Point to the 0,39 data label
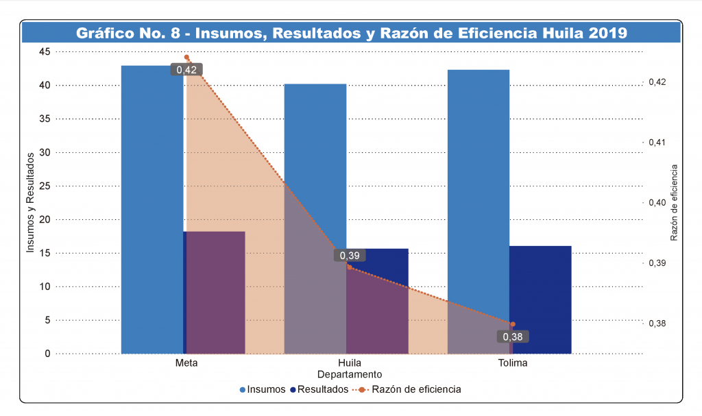350,256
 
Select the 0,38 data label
513,337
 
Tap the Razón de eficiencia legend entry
411,389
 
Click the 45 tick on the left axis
45,51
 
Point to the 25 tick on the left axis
45,186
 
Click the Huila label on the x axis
350,363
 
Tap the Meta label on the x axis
186,363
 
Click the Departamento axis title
350,375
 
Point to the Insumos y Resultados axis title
30,202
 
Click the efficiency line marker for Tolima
513,324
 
